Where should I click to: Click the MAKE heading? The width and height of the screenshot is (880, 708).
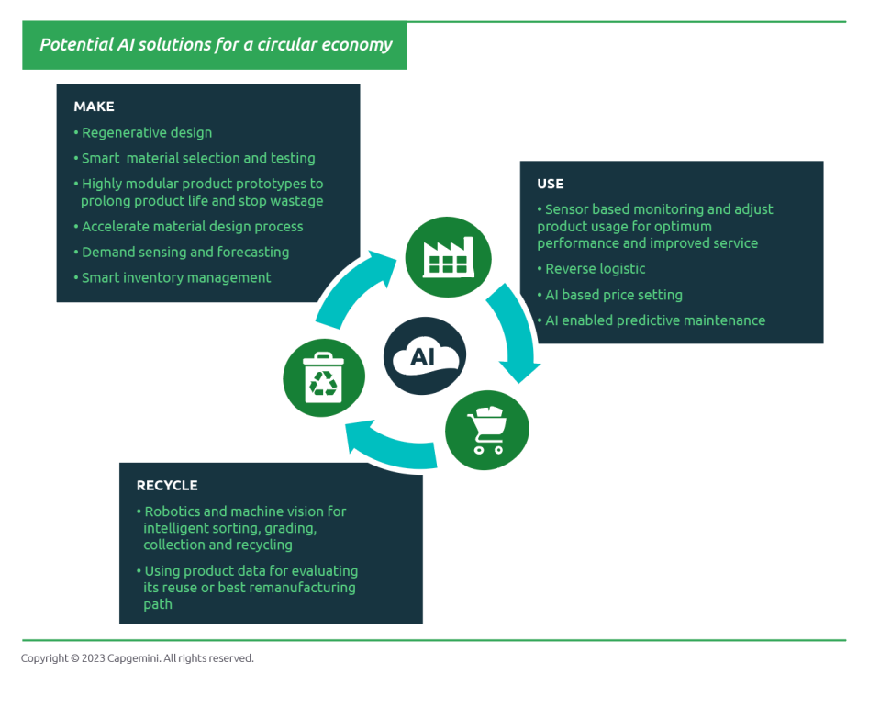point(94,107)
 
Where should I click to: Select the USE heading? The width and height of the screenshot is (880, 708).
point(550,185)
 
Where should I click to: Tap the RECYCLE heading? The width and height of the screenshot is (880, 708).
point(167,486)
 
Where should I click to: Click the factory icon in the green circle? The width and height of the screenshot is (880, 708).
point(448,258)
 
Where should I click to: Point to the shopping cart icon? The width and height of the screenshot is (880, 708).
point(487,430)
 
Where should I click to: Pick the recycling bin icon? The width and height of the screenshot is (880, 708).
point(323,377)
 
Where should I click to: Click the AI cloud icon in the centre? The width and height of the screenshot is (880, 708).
point(425,356)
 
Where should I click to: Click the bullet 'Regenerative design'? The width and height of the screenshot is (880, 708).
point(143,133)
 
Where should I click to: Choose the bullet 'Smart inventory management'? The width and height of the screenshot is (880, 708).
point(173,278)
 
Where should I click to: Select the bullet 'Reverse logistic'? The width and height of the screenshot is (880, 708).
point(591,269)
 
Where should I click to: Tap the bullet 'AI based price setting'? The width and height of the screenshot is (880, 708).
point(610,295)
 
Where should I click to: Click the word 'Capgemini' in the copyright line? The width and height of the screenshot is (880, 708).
point(133,658)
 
